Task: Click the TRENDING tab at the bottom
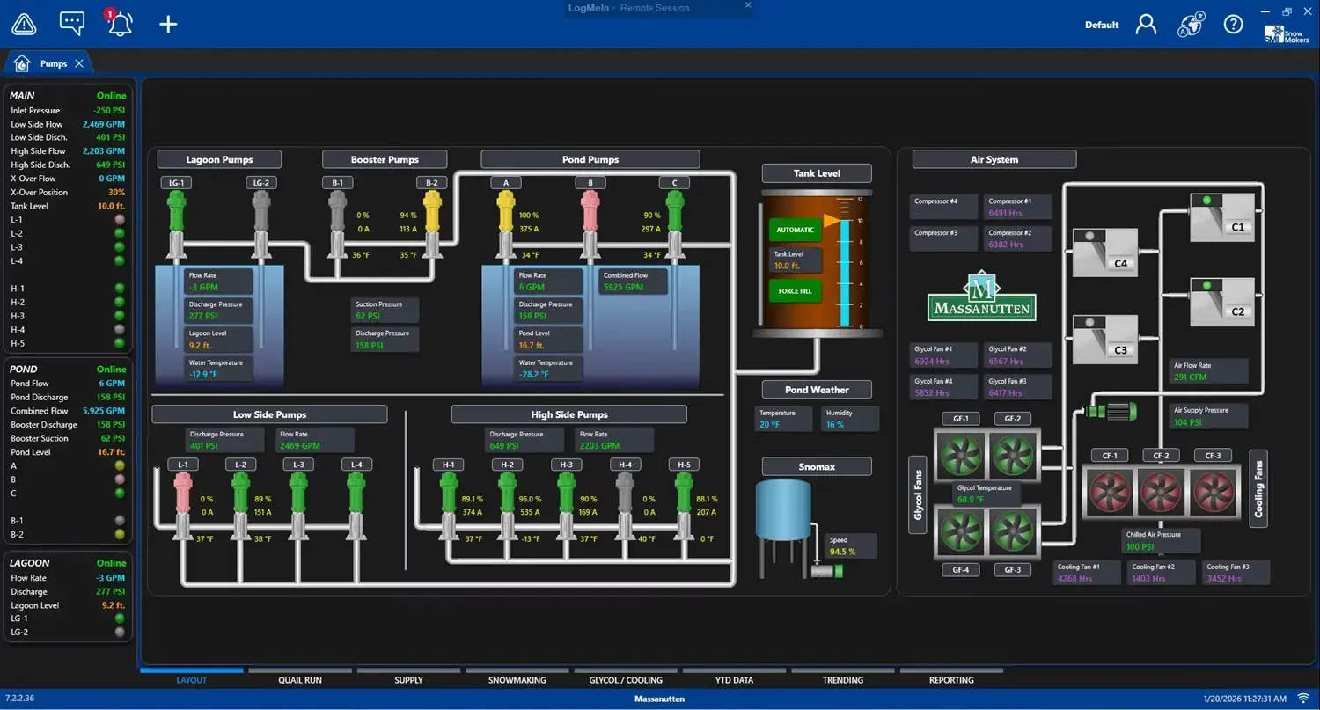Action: tap(842, 680)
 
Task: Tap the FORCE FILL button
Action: tap(795, 291)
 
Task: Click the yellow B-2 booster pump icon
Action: tap(431, 214)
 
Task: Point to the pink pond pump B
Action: tap(590, 214)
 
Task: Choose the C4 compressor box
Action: tap(1105, 253)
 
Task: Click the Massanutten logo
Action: tap(981, 296)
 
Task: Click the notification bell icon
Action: tap(119, 24)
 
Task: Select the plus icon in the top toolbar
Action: tap(168, 24)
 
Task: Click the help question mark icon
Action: tap(1233, 24)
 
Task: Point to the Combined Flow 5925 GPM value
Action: tap(623, 287)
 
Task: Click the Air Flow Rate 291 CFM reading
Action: tap(1190, 377)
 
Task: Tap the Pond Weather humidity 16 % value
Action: tap(834, 424)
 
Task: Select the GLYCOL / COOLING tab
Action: tap(625, 680)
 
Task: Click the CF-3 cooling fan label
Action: tap(1213, 456)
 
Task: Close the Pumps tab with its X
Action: tap(79, 63)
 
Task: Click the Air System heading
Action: tap(994, 159)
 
